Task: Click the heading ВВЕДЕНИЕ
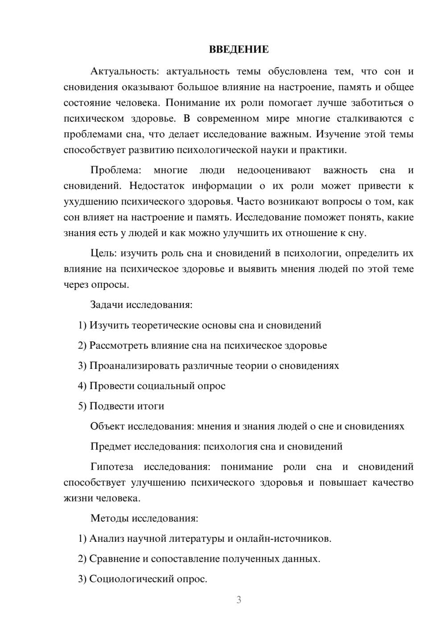coord(239,49)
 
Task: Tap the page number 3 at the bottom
coord(239,600)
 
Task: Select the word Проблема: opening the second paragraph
coord(116,170)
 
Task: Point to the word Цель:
coord(103,254)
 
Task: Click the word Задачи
coord(107,305)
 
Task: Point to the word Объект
coord(107,426)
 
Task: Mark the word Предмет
coord(111,446)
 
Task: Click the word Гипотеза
coord(111,467)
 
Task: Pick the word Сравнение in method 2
coord(114,559)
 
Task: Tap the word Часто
coord(249,201)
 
